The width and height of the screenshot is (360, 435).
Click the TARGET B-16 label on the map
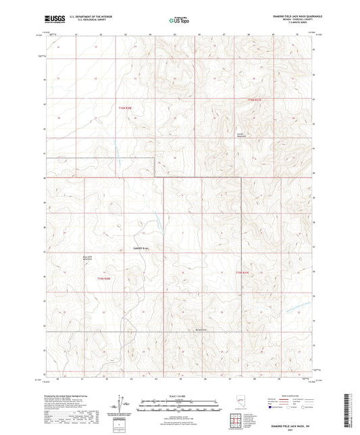click(x=140, y=247)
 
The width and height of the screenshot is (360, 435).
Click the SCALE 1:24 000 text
click(x=179, y=395)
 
